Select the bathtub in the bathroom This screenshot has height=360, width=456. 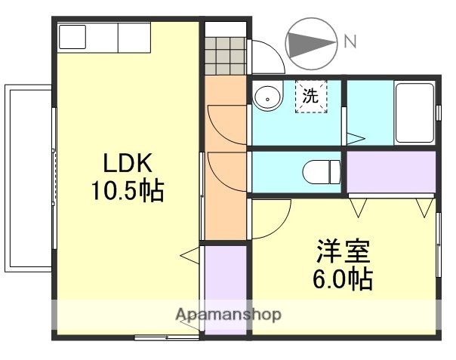point(415,113)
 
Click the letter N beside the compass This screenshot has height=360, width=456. point(349,42)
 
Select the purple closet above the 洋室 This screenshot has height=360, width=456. point(391,172)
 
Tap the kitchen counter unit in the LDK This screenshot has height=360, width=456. point(105,37)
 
